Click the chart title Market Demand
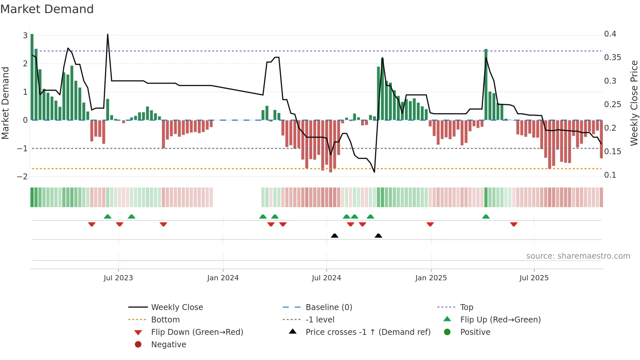[x=47, y=9]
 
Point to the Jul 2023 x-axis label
[x=118, y=278]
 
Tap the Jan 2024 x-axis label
[x=223, y=278]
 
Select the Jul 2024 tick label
[x=327, y=278]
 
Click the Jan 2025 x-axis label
[x=431, y=278]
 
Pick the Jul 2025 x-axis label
[x=534, y=278]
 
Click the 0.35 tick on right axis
[x=613, y=57]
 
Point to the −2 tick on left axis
[x=22, y=177]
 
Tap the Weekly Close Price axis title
[x=634, y=103]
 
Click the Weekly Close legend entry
[x=177, y=307]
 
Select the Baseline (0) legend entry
[x=329, y=307]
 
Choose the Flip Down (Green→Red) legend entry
[x=197, y=332]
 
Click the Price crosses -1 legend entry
[x=368, y=332]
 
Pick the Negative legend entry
[x=168, y=345]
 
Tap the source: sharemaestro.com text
[x=578, y=256]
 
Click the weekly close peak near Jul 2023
[x=108, y=34]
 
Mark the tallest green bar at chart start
[x=32, y=77]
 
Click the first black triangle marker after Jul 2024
[x=334, y=236]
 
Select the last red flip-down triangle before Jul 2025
[x=514, y=224]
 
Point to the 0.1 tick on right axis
[x=610, y=175]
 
